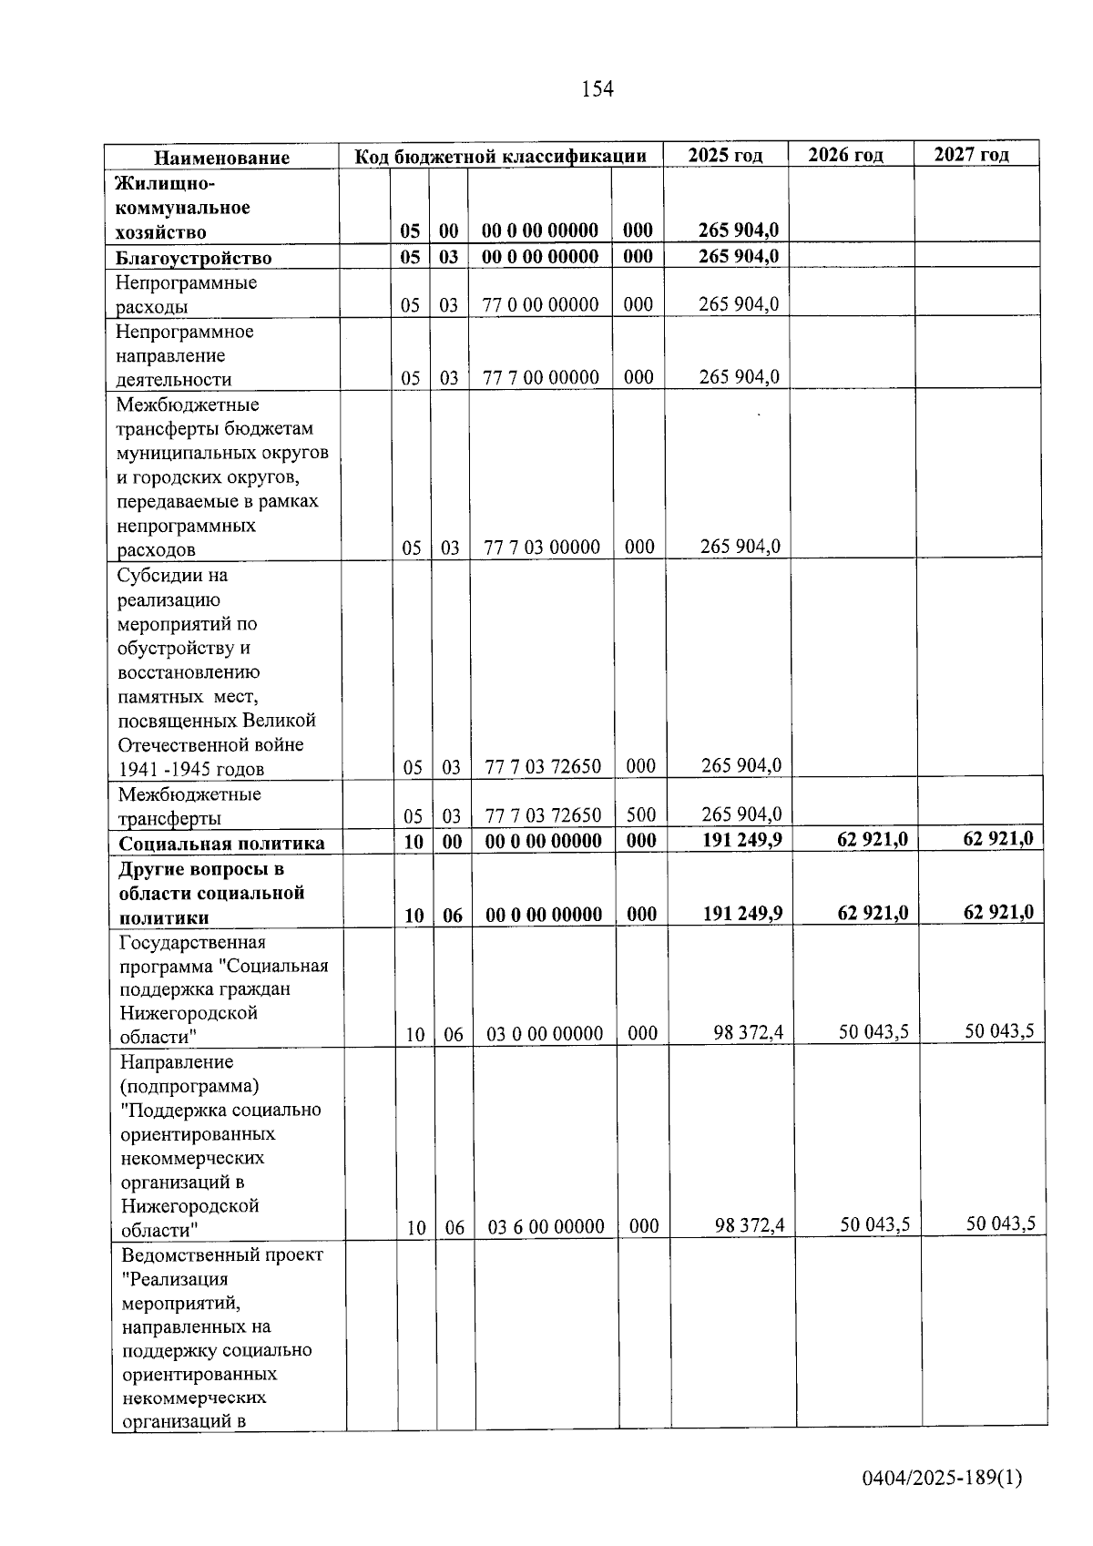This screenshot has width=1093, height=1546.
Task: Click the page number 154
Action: [x=598, y=89]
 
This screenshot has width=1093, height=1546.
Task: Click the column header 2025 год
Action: [x=725, y=155]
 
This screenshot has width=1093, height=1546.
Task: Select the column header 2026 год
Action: [x=845, y=155]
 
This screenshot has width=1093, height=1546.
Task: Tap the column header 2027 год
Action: [x=971, y=154]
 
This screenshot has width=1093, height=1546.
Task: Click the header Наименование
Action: [x=221, y=158]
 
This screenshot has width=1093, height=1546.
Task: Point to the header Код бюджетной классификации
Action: [x=500, y=156]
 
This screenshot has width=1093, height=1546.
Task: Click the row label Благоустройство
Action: [x=193, y=258]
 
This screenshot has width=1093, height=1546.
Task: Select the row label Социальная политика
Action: [x=221, y=844]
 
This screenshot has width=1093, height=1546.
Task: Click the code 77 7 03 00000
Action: [x=542, y=548]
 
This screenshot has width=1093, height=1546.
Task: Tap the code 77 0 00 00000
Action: [x=540, y=305]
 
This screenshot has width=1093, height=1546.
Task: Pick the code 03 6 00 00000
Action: [x=546, y=1227]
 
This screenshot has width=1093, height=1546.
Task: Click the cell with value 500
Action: [x=641, y=815]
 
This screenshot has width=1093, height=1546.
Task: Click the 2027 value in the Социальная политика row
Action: [x=997, y=839]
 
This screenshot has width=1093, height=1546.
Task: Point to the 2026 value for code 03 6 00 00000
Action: [x=874, y=1224]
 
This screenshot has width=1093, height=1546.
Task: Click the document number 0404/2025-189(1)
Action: [x=943, y=1478]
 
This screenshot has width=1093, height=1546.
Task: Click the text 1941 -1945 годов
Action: [x=191, y=770]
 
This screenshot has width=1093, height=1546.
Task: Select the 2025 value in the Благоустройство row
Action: [x=738, y=256]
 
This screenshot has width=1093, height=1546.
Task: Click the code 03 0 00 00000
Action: [x=545, y=1034]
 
